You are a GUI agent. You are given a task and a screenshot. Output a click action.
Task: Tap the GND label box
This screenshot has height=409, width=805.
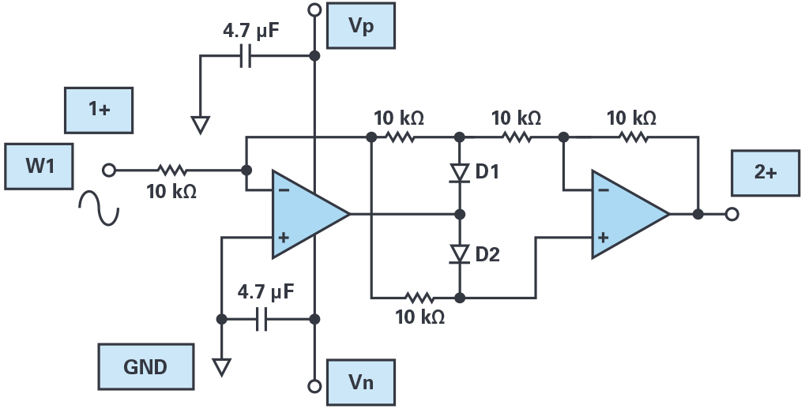point(145,366)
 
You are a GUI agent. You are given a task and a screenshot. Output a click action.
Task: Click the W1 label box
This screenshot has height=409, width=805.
point(37,167)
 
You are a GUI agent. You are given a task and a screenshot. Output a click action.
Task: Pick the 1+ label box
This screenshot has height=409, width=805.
point(99,110)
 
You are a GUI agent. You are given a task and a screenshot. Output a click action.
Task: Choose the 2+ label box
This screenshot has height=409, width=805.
point(765,172)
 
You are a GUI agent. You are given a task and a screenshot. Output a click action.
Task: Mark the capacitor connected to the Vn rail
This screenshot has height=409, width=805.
point(261,319)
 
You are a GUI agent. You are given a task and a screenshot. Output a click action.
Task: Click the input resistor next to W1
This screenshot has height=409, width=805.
point(171,169)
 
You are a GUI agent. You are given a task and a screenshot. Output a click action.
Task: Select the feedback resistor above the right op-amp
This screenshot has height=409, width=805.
point(632,137)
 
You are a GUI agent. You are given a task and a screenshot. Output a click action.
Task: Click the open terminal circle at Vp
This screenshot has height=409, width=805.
point(314,10)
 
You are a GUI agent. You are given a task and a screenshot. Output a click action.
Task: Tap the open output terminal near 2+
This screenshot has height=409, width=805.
point(732,214)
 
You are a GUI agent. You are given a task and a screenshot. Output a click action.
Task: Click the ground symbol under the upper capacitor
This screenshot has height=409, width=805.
point(201,124)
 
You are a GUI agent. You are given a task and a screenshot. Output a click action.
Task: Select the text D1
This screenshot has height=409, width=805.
point(487,171)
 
